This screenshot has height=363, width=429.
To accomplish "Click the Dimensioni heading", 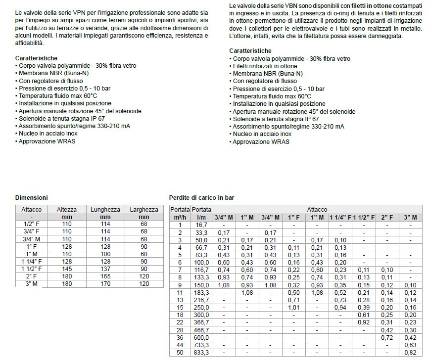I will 32,197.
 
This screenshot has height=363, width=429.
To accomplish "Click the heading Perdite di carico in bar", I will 202,197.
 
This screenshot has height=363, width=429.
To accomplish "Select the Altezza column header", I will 67,210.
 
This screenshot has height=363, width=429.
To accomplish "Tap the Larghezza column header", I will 144,210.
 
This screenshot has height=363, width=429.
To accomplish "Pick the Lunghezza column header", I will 105,210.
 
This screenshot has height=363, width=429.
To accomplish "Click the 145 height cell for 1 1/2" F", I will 67,269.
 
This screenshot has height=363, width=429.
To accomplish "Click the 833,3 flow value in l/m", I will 202,353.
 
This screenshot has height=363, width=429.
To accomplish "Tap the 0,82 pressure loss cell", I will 410,353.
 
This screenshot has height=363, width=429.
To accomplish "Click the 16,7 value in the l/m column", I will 202,225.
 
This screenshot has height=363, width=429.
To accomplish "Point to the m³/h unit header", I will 180,217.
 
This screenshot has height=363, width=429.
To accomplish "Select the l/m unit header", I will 202,217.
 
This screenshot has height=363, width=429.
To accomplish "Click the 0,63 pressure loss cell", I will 410,345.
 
